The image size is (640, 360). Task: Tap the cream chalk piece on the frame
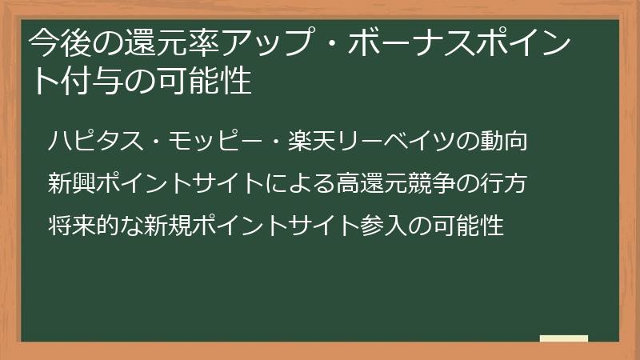tap(563, 338)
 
